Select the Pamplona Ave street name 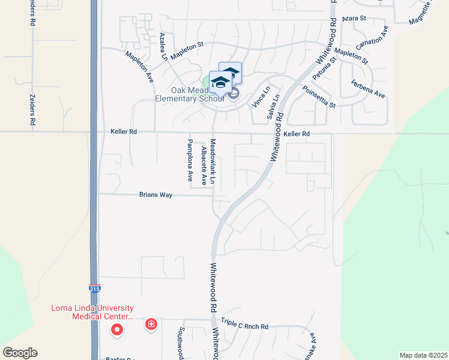(190, 160)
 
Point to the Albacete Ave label (204, 165)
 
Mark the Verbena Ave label (368, 88)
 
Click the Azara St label (354, 19)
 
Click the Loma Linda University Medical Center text (91, 312)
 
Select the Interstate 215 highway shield (94, 289)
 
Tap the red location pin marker (117, 329)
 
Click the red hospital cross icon (151, 325)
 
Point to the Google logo (20, 353)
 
